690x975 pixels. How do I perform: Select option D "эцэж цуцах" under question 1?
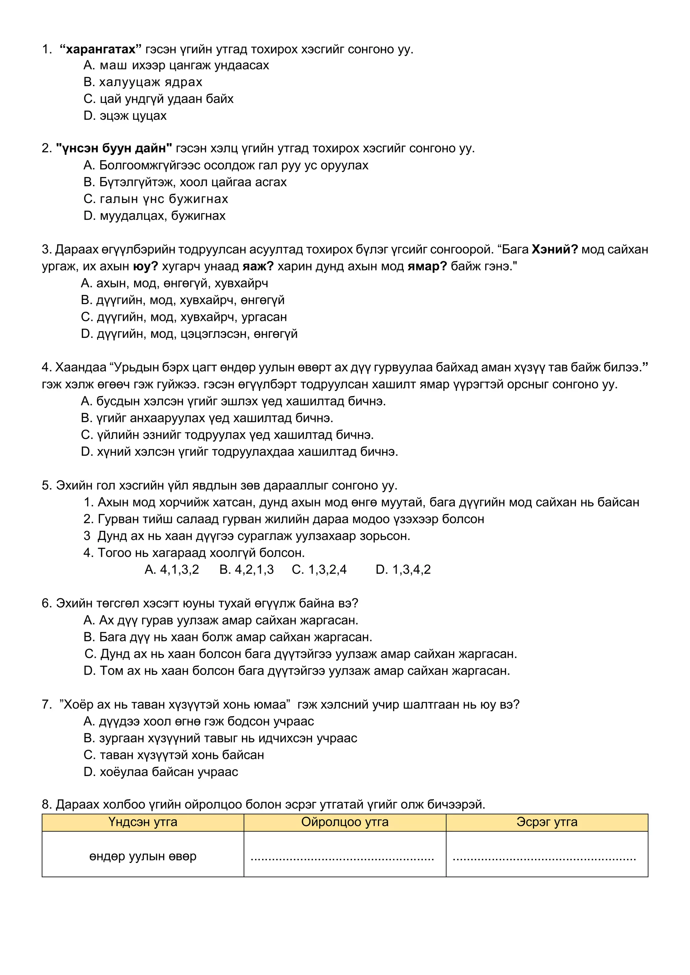125,115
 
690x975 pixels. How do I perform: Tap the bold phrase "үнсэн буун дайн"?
114,148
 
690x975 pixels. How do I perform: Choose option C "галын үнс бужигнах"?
156,199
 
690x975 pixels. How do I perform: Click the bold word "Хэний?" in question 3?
555,249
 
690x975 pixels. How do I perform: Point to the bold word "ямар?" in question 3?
427,266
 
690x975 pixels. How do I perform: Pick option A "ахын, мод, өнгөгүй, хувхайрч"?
174,283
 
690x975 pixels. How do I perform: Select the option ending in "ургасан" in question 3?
184,317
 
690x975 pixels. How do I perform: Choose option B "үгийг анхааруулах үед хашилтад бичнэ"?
207,418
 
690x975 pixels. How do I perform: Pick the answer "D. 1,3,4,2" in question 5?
403,569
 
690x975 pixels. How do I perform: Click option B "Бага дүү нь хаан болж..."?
228,637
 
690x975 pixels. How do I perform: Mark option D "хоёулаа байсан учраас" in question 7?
161,772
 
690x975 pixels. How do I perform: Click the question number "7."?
47,705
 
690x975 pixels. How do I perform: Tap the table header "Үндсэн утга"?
143,822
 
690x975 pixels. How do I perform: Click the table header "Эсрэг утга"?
547,822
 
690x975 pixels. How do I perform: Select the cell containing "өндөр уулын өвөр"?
143,856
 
